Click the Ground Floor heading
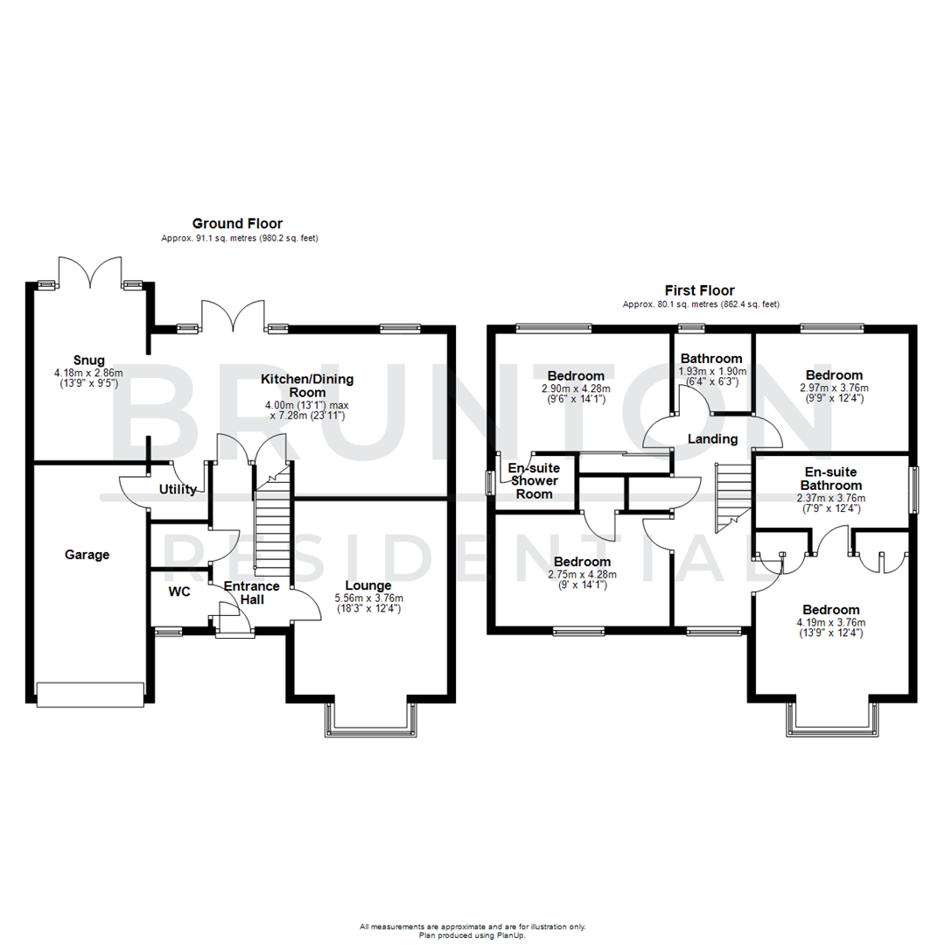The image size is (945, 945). coord(237,224)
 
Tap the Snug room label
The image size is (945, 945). coord(89,360)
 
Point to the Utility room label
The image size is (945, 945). coord(178,490)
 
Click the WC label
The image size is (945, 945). coord(179,591)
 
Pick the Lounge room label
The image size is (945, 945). coord(367,585)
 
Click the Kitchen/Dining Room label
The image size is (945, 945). coord(307,386)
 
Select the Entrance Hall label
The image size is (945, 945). coord(251,592)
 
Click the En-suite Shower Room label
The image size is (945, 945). coord(534,481)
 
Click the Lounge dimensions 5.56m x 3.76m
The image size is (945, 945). coord(367,598)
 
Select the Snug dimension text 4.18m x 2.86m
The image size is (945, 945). coord(88,372)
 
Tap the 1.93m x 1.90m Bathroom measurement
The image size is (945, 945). coord(711,371)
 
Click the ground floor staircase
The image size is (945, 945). coord(272,534)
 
